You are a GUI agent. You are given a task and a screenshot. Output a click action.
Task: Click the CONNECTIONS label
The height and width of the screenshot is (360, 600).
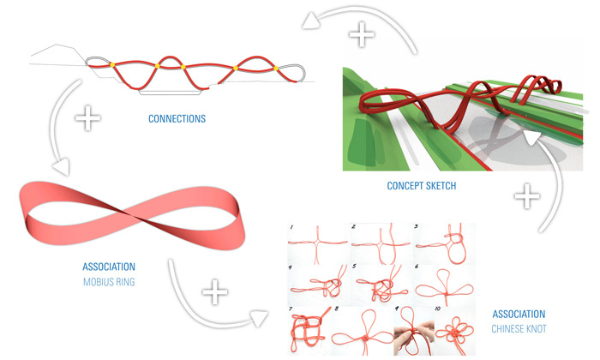tap(177, 118)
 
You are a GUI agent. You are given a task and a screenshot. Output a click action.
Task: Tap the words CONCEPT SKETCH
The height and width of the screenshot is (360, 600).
tap(422, 186)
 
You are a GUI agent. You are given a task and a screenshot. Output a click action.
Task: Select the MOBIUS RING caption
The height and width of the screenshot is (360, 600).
tap(109, 282)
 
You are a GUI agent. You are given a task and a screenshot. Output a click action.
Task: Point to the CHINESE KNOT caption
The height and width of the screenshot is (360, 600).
tap(519, 329)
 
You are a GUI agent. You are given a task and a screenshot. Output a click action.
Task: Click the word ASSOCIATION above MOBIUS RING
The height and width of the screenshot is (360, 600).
tap(109, 267)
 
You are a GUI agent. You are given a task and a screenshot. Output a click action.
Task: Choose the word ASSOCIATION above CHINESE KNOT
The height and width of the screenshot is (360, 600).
tap(519, 314)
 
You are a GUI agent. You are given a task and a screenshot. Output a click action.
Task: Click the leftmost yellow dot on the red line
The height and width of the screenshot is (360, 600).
tap(112, 65)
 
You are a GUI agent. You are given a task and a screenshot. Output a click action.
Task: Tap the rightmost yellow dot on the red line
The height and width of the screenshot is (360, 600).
tap(276, 69)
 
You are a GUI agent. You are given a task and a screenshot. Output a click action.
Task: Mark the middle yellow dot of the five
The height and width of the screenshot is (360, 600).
tap(183, 68)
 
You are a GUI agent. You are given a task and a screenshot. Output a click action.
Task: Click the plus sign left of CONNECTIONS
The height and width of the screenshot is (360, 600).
tap(87, 117)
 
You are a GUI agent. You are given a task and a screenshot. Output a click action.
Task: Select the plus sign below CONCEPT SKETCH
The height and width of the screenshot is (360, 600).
tap(527, 196)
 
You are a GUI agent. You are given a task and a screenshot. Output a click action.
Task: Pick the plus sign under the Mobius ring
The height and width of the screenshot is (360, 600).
tap(214, 292)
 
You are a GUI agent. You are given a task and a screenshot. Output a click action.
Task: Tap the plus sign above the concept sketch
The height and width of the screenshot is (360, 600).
tap(361, 34)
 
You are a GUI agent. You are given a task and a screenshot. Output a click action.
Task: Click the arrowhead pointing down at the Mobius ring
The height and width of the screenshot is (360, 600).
tap(62, 167)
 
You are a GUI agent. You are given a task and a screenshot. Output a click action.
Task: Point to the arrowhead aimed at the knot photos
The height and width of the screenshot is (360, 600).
tap(259, 318)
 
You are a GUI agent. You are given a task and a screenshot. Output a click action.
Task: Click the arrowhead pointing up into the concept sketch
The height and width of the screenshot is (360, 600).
tap(532, 138)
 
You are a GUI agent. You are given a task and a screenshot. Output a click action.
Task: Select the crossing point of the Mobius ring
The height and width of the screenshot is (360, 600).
tap(125, 211)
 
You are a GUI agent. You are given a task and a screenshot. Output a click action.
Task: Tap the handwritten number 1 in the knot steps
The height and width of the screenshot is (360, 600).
tap(291, 227)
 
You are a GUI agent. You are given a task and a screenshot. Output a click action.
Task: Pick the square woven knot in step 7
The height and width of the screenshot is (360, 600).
tap(308, 329)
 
